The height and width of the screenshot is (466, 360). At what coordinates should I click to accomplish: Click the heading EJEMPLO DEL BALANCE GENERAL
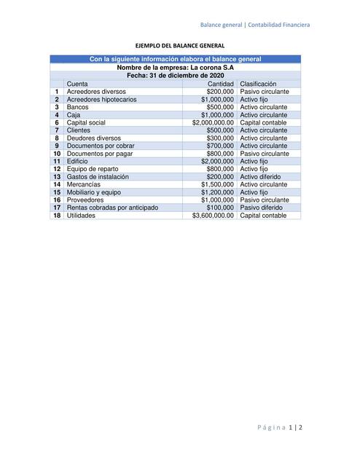tap(179, 44)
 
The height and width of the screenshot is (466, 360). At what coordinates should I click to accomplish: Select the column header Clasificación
tap(259, 84)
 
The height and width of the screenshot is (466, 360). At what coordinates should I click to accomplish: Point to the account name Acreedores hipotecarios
tap(101, 99)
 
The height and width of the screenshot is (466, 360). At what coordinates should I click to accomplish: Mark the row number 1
tap(57, 92)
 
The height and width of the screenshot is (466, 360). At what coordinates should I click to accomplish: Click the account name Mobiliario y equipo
tap(94, 192)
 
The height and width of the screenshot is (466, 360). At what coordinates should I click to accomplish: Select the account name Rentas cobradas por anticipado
tap(112, 208)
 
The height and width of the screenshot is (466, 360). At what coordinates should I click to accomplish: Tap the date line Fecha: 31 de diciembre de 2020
tap(175, 75)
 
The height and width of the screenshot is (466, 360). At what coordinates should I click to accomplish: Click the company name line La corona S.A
tap(175, 67)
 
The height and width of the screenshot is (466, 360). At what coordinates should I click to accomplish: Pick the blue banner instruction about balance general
tap(175, 59)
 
